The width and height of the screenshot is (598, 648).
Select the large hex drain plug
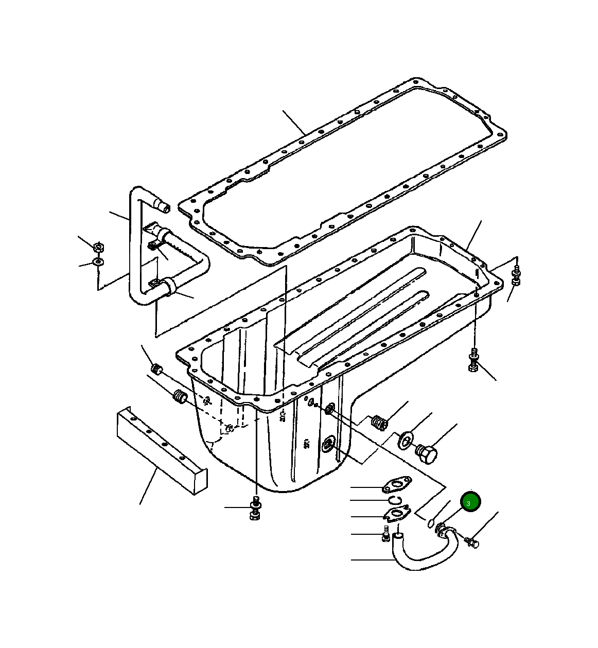pos(427,454)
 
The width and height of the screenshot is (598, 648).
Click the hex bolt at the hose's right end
pos(471,541)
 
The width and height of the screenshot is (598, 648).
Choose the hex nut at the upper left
pos(99,247)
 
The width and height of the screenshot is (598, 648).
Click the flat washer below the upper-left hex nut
pos(98,262)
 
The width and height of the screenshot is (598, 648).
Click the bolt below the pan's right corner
pos(473,360)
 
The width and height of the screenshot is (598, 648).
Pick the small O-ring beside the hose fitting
pos(430,524)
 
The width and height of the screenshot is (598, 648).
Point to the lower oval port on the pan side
pos(328,443)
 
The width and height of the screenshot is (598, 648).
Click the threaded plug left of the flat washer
pos(379,423)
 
